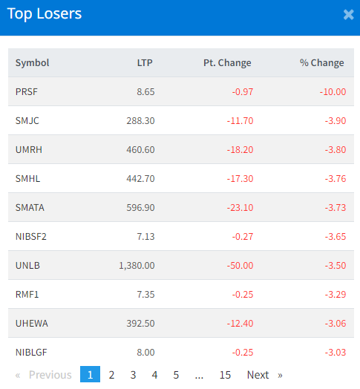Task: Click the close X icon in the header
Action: coord(348,15)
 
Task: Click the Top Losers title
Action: coord(45,14)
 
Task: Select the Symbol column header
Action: coord(32,63)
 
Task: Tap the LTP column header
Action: coord(145,63)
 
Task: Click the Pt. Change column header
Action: coord(227,63)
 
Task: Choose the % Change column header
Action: coord(322,63)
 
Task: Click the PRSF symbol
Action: coord(27,92)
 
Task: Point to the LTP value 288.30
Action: coord(140,121)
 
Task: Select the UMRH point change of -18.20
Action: coord(240,150)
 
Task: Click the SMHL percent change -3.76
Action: coord(336,179)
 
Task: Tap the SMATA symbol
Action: coord(30,208)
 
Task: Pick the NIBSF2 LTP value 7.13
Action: coord(145,237)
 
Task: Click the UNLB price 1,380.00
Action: coord(137,266)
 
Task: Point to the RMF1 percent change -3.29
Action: coord(336,295)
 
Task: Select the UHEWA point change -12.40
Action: coord(240,324)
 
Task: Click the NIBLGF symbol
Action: coord(31,353)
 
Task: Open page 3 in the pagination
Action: coord(133,375)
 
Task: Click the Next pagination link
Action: coord(258,375)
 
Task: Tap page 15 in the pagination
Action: coord(226,375)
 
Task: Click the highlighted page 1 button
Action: coord(90,374)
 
